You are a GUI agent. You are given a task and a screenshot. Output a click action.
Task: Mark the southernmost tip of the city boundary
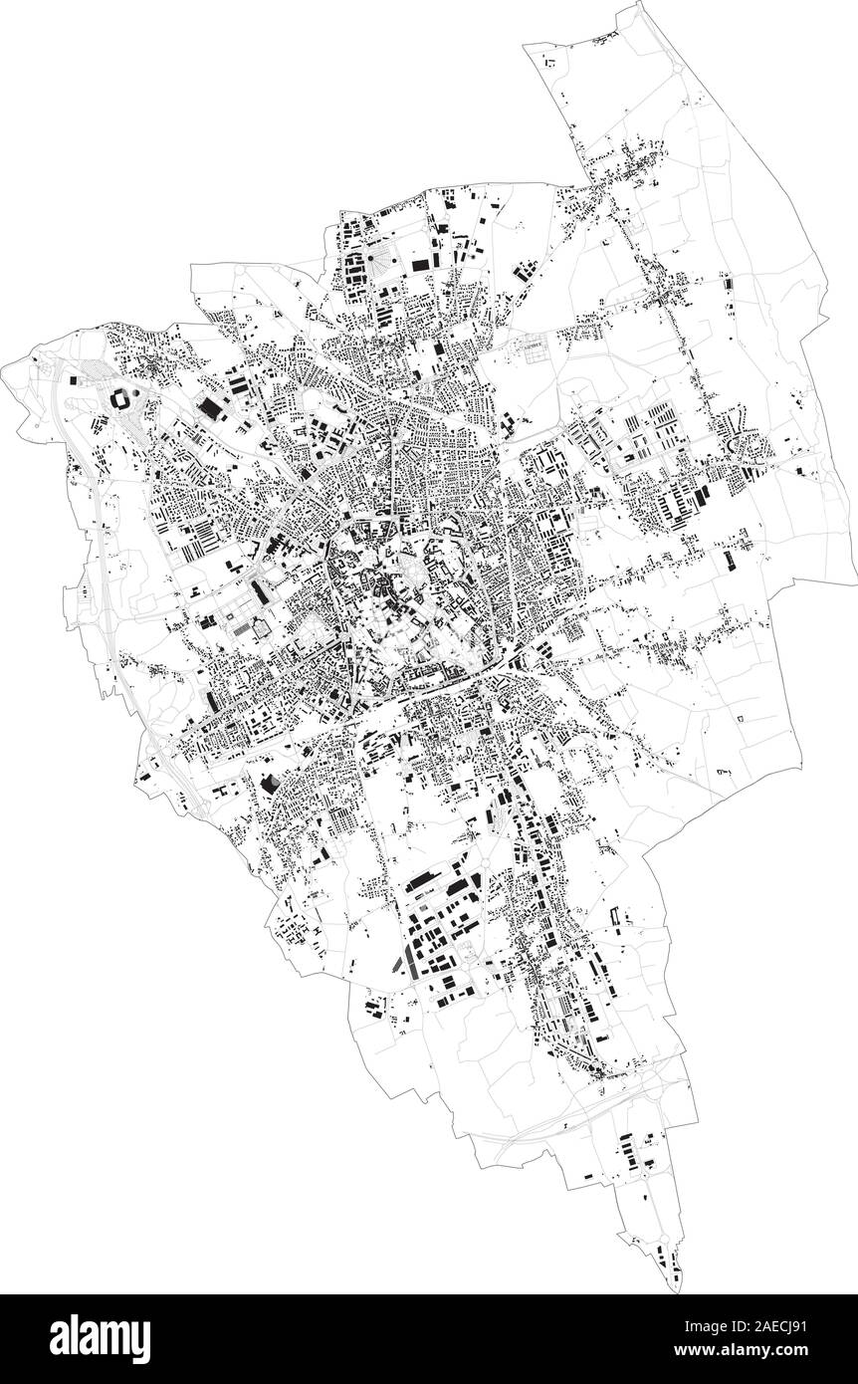680,1291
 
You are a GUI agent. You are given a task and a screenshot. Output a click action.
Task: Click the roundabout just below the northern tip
674,71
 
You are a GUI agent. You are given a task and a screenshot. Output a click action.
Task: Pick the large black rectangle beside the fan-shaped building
420,264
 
